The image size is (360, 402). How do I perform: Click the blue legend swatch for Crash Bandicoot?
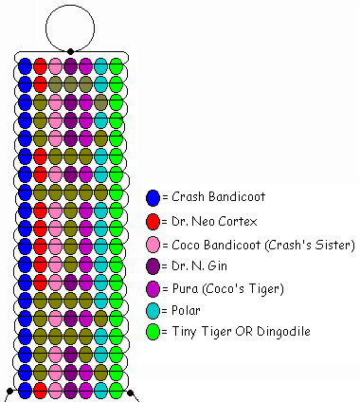[153, 197]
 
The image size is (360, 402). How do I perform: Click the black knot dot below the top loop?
[71, 50]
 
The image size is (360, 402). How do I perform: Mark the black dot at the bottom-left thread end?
[9, 390]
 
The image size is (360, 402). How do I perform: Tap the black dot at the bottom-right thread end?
[131, 390]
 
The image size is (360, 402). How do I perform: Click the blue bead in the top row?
[26, 66]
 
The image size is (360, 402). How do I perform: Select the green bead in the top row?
[116, 66]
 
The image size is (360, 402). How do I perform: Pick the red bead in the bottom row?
[41, 390]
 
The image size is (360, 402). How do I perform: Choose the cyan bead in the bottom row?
[100, 390]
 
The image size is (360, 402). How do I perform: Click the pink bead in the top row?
[56, 66]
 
